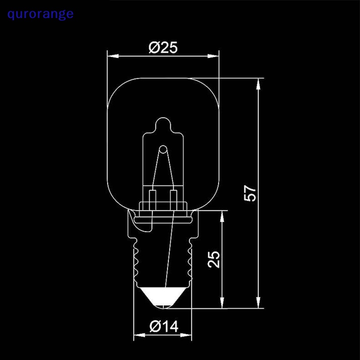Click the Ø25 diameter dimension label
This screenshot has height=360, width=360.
(162, 47)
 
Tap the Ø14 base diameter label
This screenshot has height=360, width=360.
(163, 327)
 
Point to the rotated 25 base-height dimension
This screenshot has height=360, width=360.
(215, 260)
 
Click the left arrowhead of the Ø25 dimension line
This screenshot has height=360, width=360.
(112, 56)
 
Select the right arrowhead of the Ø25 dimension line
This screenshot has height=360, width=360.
(215, 56)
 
